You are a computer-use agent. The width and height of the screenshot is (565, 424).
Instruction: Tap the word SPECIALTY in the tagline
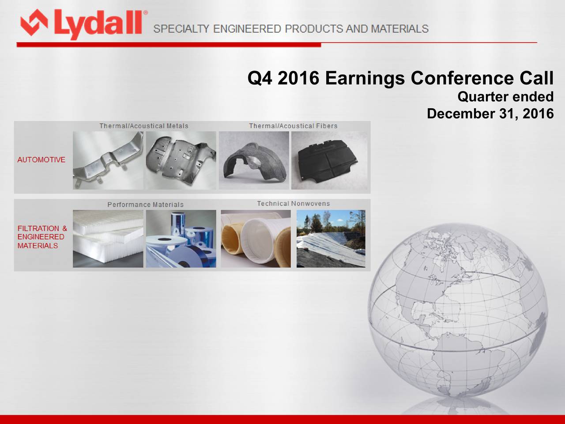click(x=181, y=29)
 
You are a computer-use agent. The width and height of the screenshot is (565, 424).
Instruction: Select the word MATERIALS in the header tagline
click(x=399, y=29)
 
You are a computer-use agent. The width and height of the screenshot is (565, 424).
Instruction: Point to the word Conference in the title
click(x=459, y=79)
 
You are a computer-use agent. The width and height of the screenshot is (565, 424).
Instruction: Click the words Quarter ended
click(x=505, y=97)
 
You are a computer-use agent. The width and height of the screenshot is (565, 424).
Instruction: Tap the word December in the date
click(x=460, y=114)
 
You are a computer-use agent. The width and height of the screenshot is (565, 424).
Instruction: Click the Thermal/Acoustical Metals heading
click(x=143, y=126)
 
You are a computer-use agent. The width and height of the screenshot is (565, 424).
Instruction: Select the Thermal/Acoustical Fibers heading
click(x=293, y=126)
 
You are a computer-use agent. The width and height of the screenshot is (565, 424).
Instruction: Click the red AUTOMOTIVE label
click(x=41, y=160)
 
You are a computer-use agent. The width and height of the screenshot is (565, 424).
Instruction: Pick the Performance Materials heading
click(x=145, y=205)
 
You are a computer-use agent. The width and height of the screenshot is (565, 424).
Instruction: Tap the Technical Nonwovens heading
click(x=293, y=204)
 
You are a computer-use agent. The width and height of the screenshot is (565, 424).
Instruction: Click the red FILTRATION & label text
click(x=42, y=228)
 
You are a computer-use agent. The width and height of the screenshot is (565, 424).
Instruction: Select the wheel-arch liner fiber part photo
click(x=254, y=160)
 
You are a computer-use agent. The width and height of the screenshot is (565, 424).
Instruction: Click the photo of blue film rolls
click(x=181, y=238)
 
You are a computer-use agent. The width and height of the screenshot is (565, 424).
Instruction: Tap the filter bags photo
click(x=256, y=238)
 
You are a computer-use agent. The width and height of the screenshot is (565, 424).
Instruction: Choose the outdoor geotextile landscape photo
click(x=331, y=238)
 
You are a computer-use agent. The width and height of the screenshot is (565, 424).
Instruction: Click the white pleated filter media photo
click(x=108, y=238)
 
